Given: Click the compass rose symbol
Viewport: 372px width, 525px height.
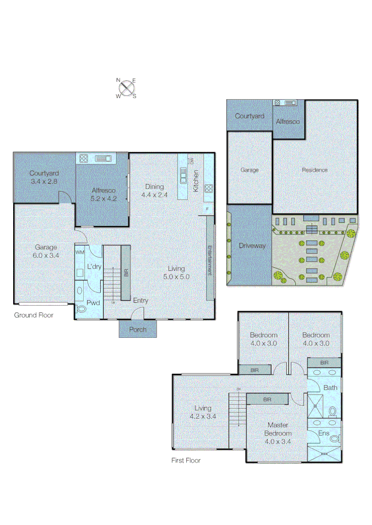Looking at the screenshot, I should point(127,87).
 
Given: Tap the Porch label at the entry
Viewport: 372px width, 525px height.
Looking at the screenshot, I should point(138,330).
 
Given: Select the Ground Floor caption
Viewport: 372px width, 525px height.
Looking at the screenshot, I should point(34,315).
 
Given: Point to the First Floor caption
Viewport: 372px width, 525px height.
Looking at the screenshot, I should point(185,460).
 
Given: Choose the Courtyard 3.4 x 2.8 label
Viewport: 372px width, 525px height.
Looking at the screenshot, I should point(44,177).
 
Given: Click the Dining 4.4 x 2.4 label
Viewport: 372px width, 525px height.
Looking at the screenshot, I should point(153,191).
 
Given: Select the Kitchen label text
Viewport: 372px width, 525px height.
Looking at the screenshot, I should point(196,181).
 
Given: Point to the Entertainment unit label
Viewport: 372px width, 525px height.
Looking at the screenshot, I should point(210,261).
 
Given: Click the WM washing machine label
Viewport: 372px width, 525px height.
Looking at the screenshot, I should point(80,253).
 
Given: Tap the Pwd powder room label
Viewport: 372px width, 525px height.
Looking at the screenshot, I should point(93,303).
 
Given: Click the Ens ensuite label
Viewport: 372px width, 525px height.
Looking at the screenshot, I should point(323,433).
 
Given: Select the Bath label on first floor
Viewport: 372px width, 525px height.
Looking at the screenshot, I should point(330,387).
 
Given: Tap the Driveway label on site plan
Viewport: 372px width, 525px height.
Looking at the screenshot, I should point(252,245).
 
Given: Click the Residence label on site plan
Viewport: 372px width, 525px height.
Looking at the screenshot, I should point(315,170).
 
